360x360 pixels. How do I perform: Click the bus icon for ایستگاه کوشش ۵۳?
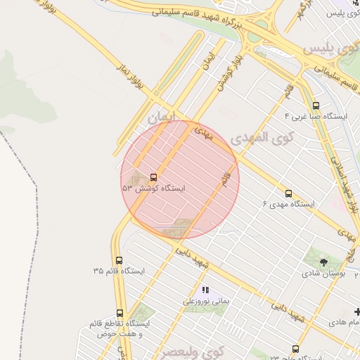pyautogui.click(x=153, y=177)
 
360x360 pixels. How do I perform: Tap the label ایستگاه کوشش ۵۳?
pyautogui.click(x=153, y=188)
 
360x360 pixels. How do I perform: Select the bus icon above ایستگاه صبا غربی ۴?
pyautogui.click(x=315, y=104)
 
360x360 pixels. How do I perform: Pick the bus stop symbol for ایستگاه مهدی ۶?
pyautogui.click(x=288, y=193)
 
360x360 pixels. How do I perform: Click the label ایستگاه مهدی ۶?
pyautogui.click(x=289, y=204)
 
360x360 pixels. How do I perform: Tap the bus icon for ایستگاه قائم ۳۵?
pyautogui.click(x=118, y=260)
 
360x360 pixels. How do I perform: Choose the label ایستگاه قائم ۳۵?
pyautogui.click(x=118, y=271)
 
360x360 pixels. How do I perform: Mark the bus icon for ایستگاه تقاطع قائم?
pyautogui.click(x=120, y=313)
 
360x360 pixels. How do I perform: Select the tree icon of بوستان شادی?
pyautogui.click(x=323, y=262)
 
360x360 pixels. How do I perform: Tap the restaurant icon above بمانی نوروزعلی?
pyautogui.click(x=205, y=290)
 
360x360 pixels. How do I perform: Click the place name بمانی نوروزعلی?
pyautogui.click(x=207, y=301)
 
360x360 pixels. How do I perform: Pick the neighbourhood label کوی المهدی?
pyautogui.click(x=259, y=138)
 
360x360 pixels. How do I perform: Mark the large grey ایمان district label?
pyautogui.click(x=162, y=119)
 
